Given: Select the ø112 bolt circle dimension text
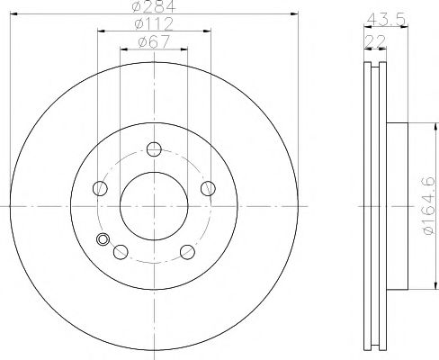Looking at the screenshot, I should tap(154, 24).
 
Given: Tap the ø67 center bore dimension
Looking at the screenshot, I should tap(154, 40).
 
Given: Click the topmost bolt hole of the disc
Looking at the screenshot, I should tap(154, 149).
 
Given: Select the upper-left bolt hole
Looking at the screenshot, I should tap(100, 188).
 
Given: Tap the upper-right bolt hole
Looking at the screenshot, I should tap(208, 188).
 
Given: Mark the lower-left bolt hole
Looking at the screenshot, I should tap(120, 251).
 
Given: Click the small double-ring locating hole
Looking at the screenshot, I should tap(103, 239).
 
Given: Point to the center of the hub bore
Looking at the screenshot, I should tap(154, 206).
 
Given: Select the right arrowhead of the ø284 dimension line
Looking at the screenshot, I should tap(294, 15).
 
